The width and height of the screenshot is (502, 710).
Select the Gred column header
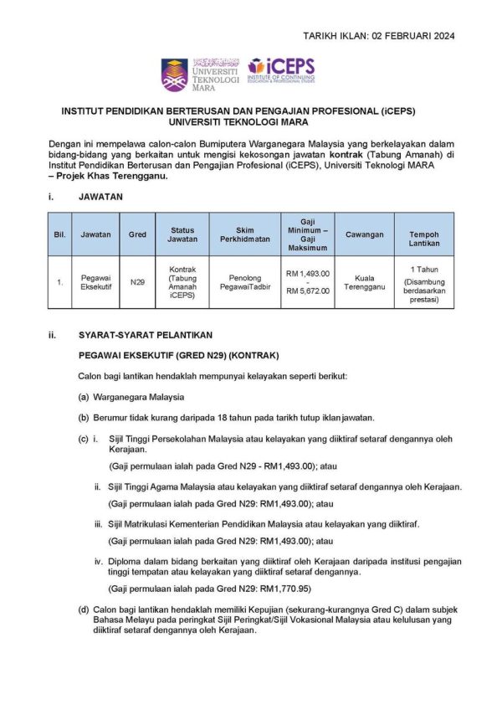[x=137, y=234]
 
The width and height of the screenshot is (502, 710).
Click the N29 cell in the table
[x=137, y=282]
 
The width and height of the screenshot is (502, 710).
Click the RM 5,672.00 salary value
[x=308, y=291]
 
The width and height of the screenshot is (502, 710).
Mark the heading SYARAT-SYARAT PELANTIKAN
[x=134, y=336]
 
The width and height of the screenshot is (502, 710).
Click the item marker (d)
[x=84, y=610]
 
